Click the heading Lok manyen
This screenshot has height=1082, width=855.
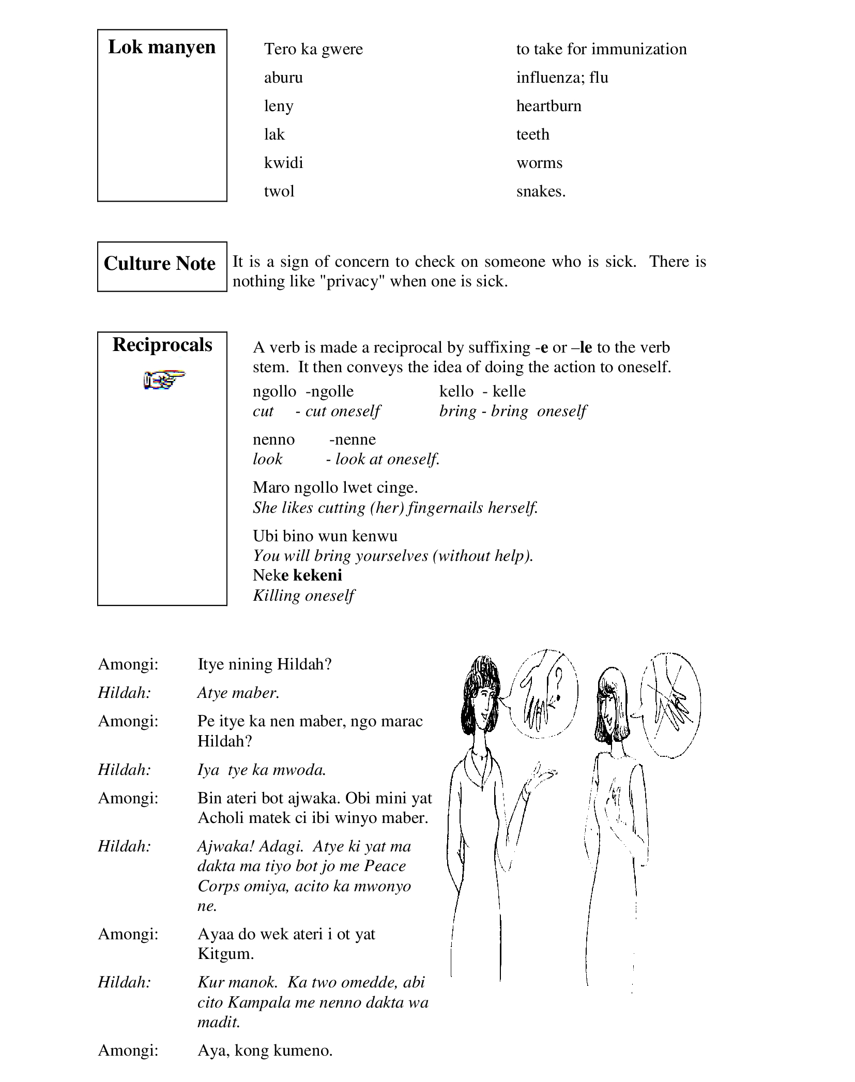(x=161, y=47)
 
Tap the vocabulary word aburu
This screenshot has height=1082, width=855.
(x=283, y=78)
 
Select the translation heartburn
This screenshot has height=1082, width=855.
(x=548, y=106)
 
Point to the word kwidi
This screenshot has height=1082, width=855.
(x=283, y=163)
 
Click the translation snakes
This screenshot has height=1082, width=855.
(x=541, y=191)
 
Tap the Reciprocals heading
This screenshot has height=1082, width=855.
(x=162, y=345)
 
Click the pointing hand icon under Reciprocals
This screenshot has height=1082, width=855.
(x=163, y=380)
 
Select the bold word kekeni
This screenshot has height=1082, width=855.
(x=317, y=575)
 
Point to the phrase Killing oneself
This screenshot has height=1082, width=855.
(x=303, y=596)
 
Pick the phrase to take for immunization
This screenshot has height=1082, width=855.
(x=601, y=49)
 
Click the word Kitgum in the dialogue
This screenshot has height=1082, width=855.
(x=225, y=954)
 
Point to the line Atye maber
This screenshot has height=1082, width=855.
(x=238, y=693)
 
